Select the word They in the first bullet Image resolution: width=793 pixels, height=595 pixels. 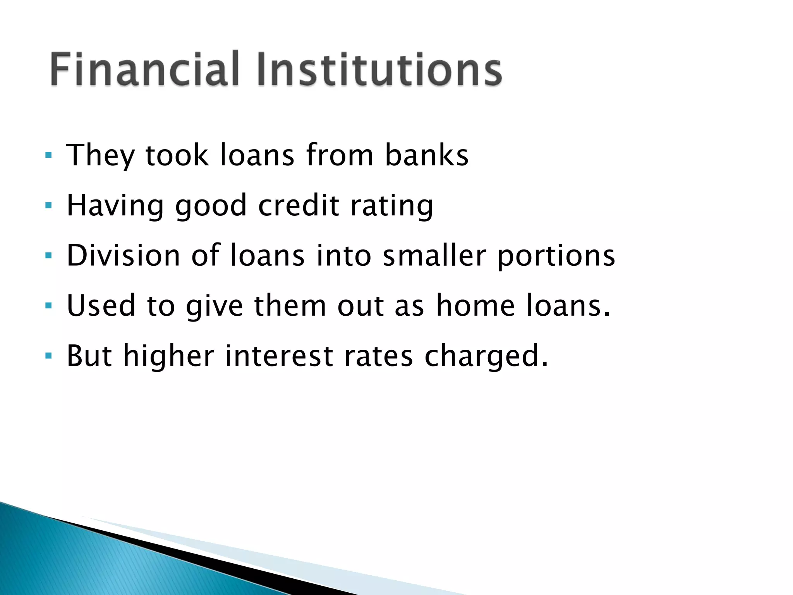[x=100, y=155]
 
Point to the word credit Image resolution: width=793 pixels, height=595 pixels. [x=299, y=205]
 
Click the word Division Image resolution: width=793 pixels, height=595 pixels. [x=124, y=255]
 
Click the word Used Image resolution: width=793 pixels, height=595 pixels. [x=101, y=306]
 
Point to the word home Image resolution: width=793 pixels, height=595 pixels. [x=475, y=306]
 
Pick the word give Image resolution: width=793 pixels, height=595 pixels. [x=215, y=306]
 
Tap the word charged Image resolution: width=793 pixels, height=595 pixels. [x=486, y=356]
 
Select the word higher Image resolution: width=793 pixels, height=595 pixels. [x=169, y=356]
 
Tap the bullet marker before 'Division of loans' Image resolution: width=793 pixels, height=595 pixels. [x=48, y=256]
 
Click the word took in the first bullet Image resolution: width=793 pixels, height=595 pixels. [x=177, y=155]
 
